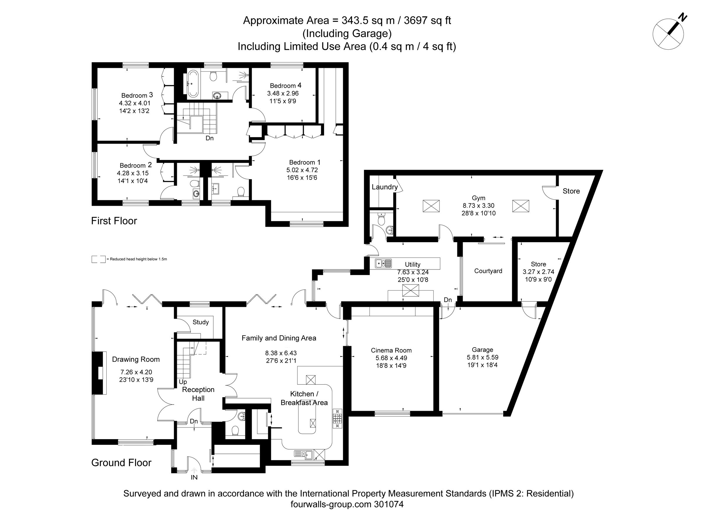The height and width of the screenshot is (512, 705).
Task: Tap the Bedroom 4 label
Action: [x=285, y=85]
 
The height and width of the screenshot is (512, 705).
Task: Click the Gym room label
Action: [x=479, y=198]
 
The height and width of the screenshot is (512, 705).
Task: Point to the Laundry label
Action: [x=385, y=187]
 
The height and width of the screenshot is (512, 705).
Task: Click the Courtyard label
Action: [x=488, y=271]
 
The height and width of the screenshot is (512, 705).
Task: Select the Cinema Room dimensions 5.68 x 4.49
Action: [x=391, y=358]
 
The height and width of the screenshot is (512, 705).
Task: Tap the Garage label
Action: [x=482, y=350]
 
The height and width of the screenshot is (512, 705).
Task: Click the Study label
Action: [x=201, y=322]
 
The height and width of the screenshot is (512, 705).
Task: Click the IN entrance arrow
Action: [x=194, y=471]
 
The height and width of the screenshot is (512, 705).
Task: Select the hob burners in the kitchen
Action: [x=338, y=418]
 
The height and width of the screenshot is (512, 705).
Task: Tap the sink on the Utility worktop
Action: [x=383, y=263]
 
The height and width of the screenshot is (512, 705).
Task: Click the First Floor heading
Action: [x=114, y=221]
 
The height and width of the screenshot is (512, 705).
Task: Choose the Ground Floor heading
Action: [x=121, y=463]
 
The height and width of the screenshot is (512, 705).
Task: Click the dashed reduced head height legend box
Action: [x=98, y=259]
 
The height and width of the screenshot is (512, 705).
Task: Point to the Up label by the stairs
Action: [x=183, y=382]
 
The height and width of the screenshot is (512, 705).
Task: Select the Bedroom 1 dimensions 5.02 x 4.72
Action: [x=302, y=170]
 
